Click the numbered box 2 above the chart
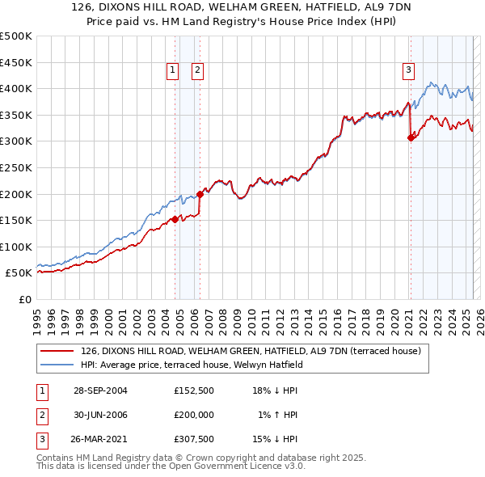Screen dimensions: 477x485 point(197,71)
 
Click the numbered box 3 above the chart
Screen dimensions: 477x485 point(408,71)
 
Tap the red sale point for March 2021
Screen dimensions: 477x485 point(411,137)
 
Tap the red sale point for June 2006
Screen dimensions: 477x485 point(200,194)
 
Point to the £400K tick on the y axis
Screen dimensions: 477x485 point(17,88)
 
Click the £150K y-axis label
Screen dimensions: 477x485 point(17,220)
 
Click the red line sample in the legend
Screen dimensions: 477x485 point(57,351)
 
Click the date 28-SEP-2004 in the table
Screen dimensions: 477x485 point(100,390)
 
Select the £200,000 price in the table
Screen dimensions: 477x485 point(193,414)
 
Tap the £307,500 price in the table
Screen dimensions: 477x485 point(193,437)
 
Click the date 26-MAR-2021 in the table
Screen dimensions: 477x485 point(100,437)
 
